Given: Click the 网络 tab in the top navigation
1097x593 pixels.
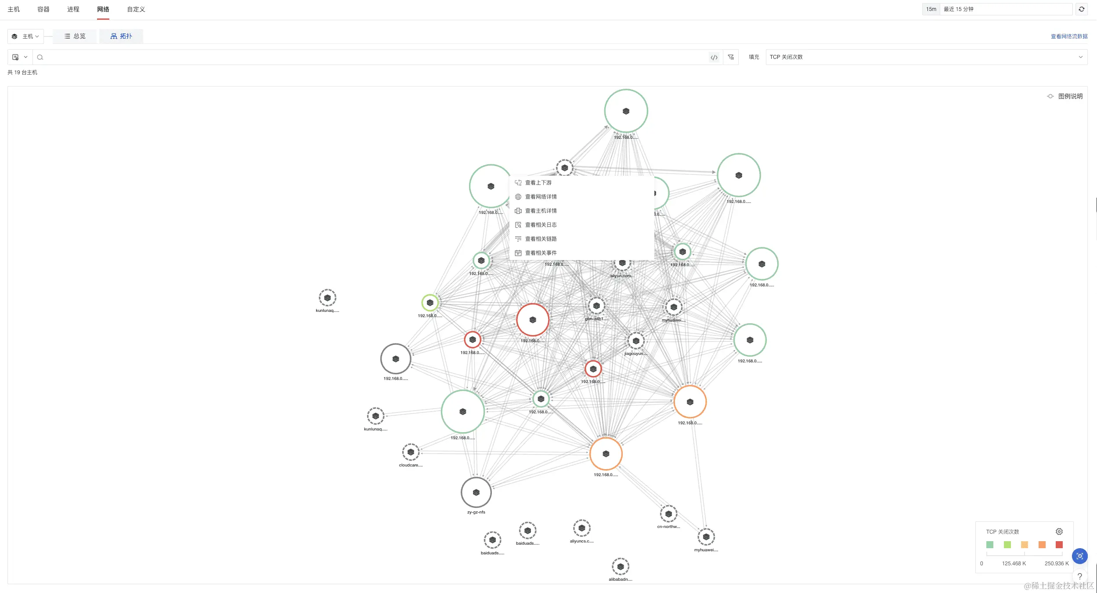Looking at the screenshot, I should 103,9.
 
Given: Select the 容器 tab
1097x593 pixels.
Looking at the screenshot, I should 43,9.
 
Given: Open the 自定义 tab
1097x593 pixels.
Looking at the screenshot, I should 136,9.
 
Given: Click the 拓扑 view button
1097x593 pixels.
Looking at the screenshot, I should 121,36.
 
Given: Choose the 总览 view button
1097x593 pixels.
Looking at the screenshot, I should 75,36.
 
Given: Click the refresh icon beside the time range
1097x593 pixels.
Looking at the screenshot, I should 1082,9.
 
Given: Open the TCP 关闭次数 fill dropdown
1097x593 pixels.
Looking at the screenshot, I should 926,57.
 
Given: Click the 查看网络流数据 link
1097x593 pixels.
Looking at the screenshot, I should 1069,36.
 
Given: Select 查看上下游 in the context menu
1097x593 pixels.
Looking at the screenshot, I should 538,183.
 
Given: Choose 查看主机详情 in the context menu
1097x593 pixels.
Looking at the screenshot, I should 541,211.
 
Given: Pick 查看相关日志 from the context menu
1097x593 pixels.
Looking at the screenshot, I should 541,225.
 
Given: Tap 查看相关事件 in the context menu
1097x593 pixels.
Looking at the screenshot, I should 541,253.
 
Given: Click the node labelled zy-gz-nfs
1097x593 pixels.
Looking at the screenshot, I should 476,492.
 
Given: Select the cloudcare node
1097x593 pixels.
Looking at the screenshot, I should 411,452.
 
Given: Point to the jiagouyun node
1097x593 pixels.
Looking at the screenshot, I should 636,341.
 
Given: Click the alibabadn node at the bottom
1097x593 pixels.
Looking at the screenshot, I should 620,567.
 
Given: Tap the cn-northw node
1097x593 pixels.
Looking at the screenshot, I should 668,514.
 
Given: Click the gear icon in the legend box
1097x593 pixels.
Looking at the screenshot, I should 1059,532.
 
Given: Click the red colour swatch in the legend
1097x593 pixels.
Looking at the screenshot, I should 1059,545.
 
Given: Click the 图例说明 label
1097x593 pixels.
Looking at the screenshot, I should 1070,96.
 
